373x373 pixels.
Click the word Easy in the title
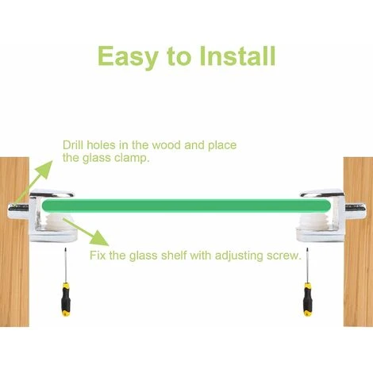[x=128, y=57]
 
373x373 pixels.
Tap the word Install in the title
[x=238, y=56]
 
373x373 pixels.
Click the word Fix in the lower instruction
[x=98, y=256]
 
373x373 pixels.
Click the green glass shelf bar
[x=186, y=206]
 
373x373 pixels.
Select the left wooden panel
[x=14, y=242]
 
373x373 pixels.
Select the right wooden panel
[x=358, y=242]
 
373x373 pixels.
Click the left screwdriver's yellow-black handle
[x=66, y=299]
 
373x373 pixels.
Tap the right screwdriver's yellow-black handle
[x=308, y=299]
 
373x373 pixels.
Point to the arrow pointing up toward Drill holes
[x=33, y=183]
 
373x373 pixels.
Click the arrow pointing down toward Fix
[x=86, y=232]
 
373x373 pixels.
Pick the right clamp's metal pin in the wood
[x=356, y=208]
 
